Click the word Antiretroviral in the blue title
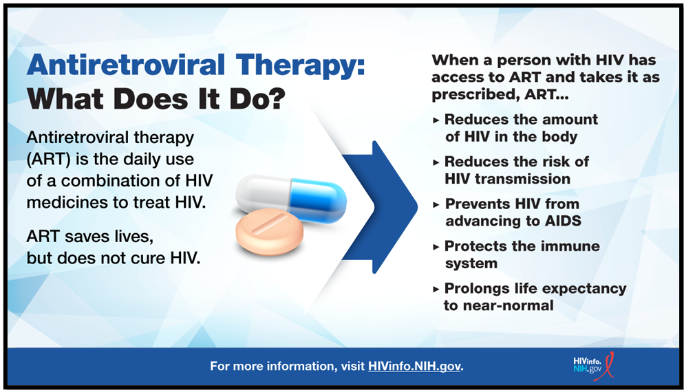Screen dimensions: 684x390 (126, 65)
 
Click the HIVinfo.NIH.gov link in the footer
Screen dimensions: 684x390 (414, 365)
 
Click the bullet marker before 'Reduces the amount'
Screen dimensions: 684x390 (436, 120)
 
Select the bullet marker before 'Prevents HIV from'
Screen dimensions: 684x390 (436, 205)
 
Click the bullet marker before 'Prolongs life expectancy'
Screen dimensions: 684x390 (436, 289)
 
